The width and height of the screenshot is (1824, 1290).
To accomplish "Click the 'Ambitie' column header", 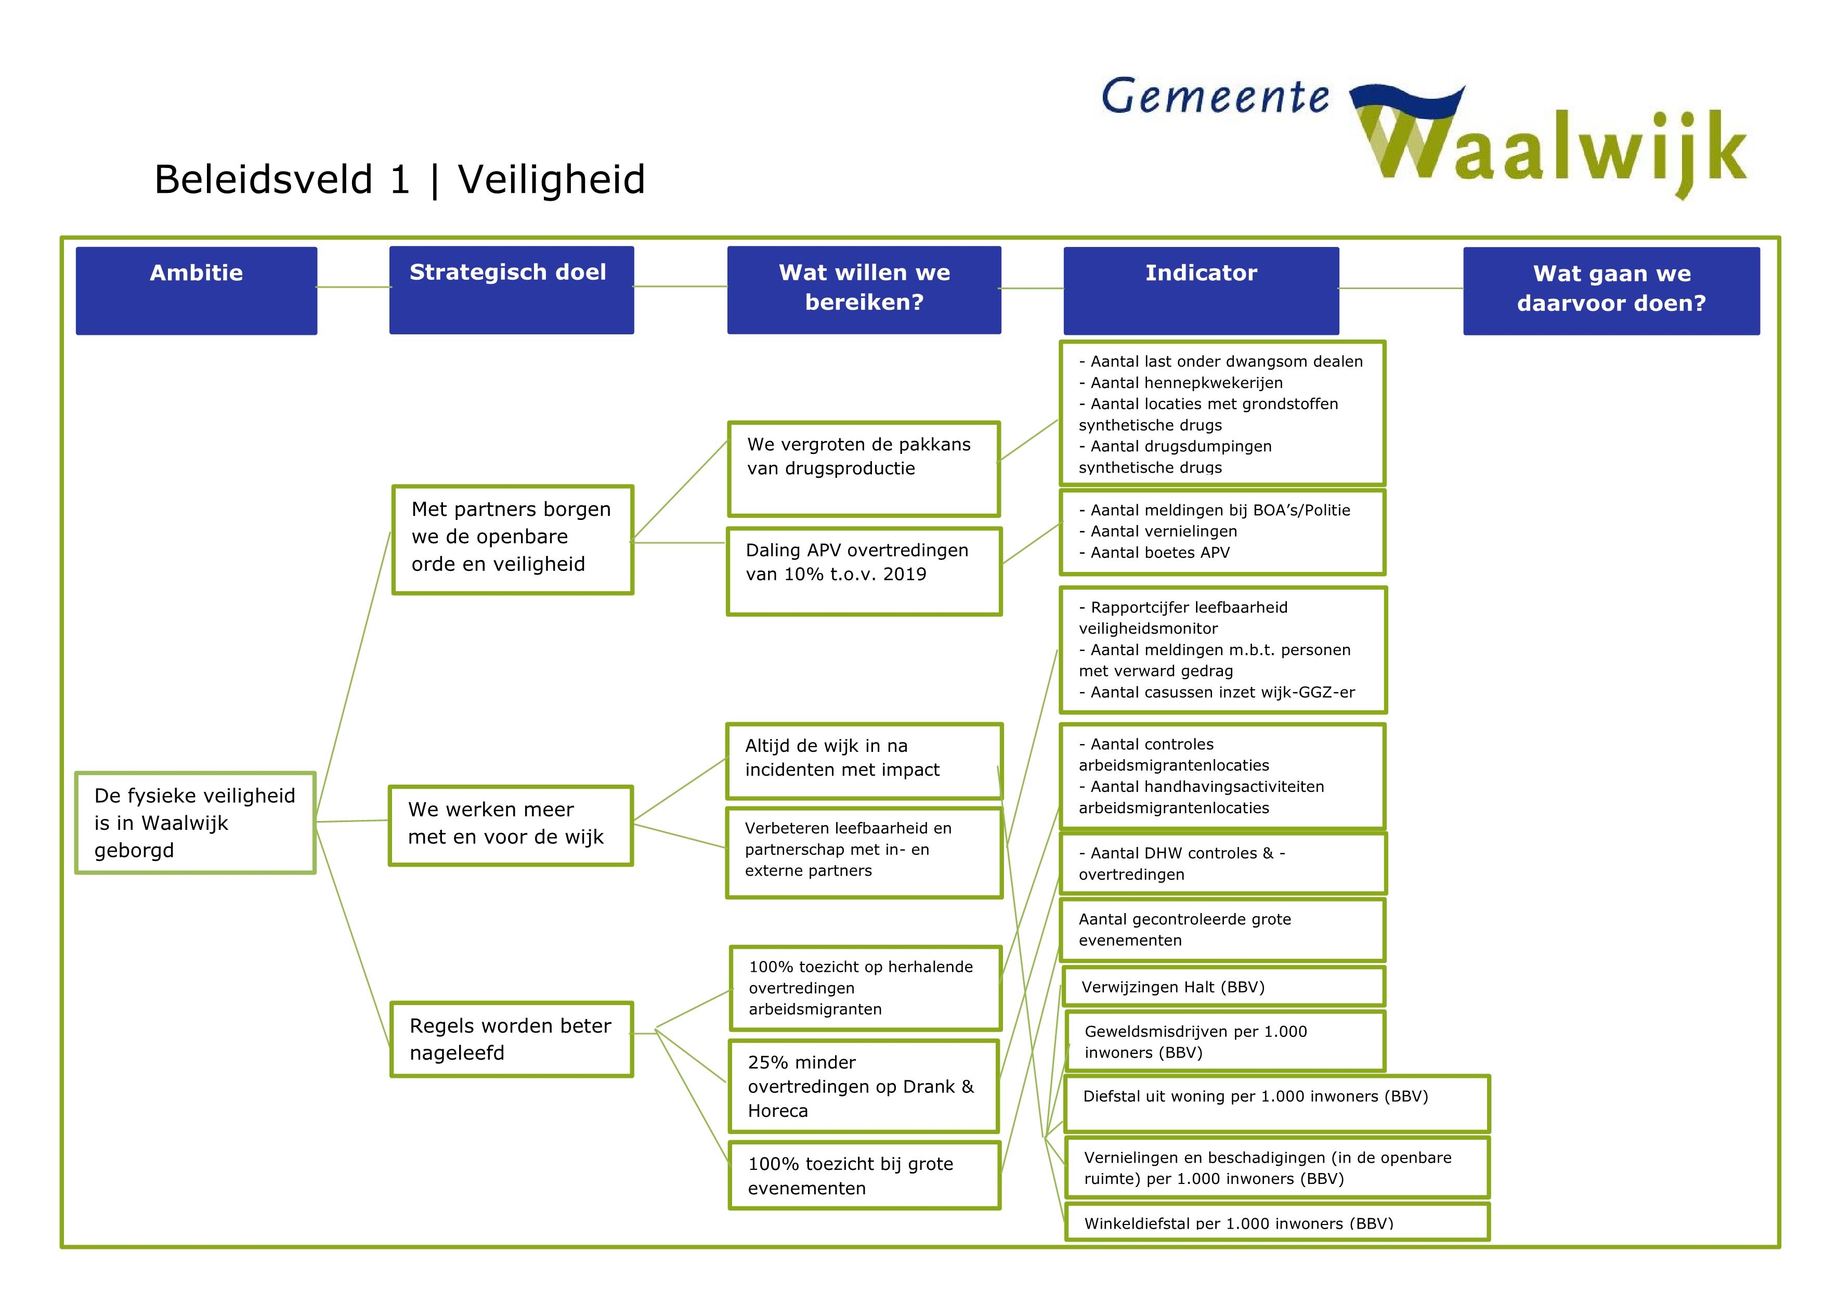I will (x=196, y=290).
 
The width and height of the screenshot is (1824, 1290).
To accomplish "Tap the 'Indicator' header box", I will (x=1201, y=290).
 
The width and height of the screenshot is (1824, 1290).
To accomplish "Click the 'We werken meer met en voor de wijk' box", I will (x=510, y=825).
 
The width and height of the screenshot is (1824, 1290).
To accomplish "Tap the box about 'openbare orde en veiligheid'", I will (x=512, y=539).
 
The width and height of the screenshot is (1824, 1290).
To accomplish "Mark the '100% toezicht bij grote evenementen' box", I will (x=864, y=1176).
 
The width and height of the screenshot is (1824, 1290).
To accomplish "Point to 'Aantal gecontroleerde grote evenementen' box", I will (x=1222, y=930).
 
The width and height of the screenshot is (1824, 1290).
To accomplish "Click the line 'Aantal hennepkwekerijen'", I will (x=1186, y=383).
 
